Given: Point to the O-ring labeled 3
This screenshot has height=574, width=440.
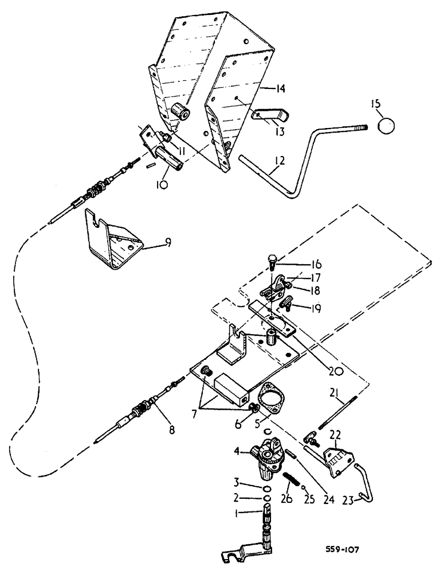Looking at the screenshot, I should point(266,487).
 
